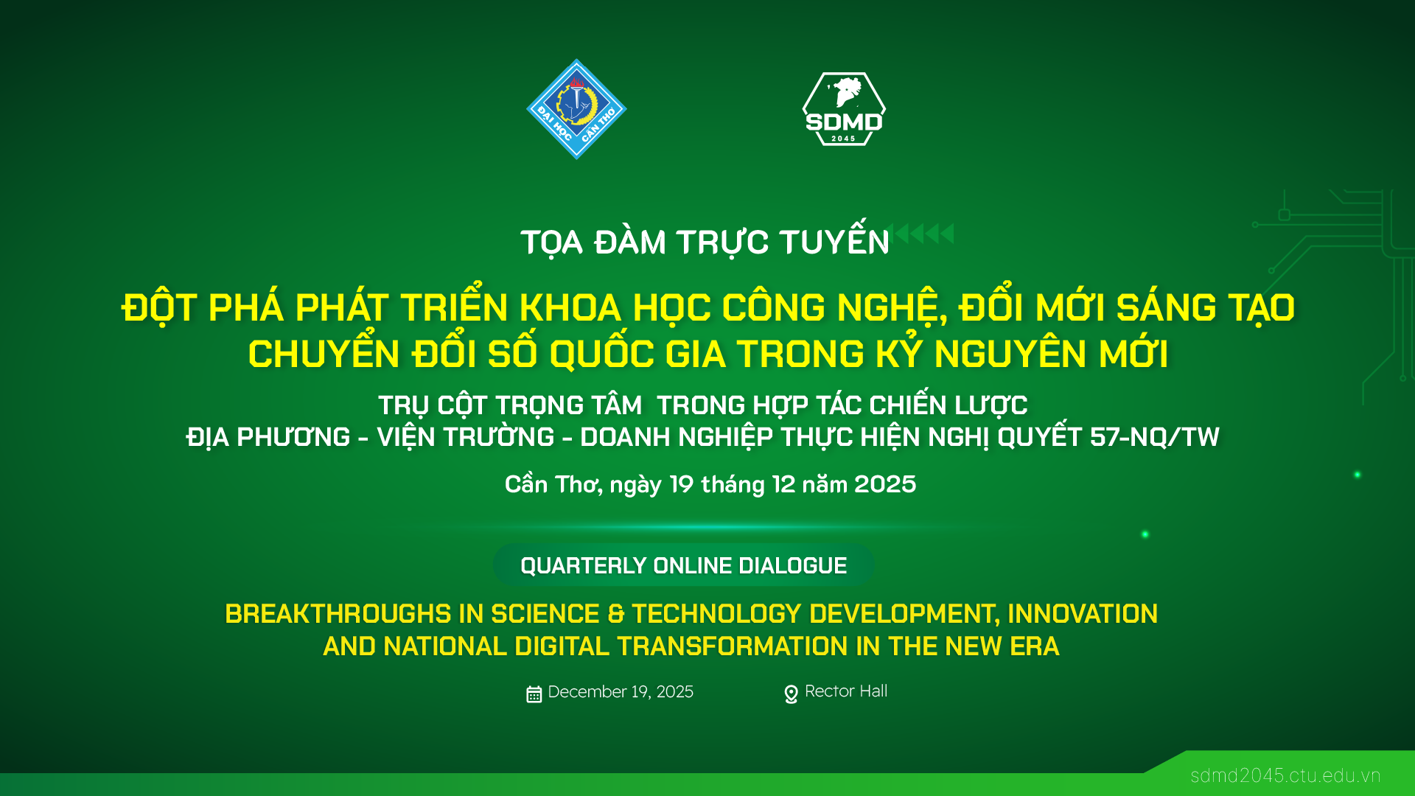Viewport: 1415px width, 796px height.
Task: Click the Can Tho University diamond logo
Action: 576,109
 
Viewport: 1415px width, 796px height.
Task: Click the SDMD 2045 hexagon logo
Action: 844,109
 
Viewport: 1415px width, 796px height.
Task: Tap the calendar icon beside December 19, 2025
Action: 534,694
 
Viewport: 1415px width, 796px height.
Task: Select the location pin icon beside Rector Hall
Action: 791,694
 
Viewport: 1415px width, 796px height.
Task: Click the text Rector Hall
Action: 846,691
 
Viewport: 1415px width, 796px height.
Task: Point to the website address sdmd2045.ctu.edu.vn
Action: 1285,775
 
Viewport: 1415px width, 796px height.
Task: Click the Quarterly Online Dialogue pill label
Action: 684,565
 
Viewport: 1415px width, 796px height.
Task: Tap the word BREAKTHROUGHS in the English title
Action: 338,614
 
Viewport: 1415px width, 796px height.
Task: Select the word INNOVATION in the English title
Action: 1083,614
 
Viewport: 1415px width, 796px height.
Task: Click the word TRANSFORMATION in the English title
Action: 733,646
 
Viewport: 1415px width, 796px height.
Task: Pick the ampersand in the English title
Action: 615,614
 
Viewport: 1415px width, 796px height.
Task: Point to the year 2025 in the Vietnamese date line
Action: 885,484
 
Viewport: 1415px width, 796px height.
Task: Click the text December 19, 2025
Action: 621,692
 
